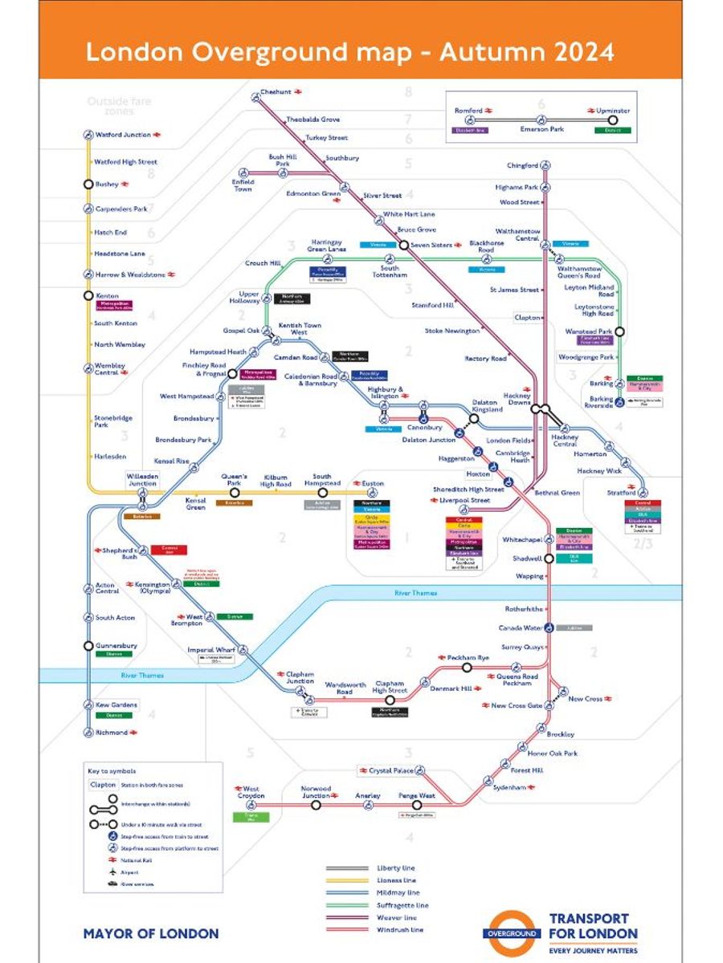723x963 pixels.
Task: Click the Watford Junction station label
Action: click(123, 135)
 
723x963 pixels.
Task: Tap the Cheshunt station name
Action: click(276, 92)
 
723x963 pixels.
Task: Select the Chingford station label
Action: click(522, 166)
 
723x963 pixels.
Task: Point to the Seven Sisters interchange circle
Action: click(404, 245)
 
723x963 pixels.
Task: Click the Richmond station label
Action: click(112, 732)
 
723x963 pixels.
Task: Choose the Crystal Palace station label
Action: click(391, 770)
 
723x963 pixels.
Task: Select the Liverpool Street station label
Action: click(464, 501)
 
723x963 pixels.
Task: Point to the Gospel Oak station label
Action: click(241, 331)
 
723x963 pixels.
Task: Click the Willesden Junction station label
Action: click(142, 479)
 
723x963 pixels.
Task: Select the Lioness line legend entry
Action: click(396, 880)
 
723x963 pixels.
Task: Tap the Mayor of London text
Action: click(151, 933)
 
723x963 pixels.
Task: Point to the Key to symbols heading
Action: click(112, 771)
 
